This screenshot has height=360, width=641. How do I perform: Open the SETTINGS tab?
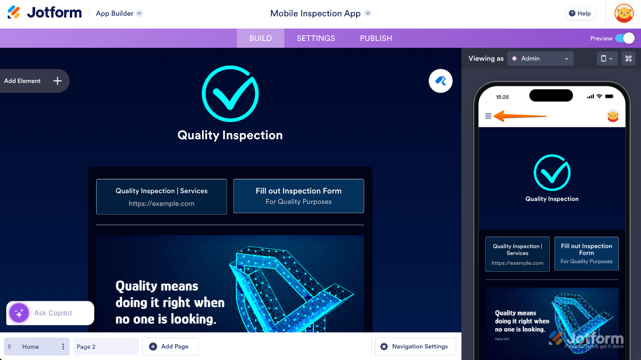point(316,38)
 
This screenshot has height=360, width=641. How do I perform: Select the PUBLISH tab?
point(376,38)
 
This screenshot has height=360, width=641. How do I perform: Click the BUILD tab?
point(260,38)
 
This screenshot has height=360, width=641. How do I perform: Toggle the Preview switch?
point(625,38)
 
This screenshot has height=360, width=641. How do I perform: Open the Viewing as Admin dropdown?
point(540,58)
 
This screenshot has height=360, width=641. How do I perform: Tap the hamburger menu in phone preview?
point(488,116)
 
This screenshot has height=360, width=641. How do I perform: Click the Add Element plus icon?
point(57,81)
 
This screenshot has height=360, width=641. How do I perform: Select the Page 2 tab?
point(105,347)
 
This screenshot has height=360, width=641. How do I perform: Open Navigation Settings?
point(415,347)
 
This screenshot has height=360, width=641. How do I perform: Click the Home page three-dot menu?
point(63,347)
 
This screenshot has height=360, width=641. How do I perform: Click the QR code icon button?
point(628,58)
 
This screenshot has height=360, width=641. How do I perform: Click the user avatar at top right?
point(624,13)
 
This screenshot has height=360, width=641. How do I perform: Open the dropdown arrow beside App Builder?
point(139,13)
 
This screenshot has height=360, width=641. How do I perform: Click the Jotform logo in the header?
point(45,12)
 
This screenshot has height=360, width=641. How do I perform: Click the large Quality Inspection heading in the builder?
point(230,135)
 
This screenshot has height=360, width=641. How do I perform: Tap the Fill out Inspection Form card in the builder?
point(298,196)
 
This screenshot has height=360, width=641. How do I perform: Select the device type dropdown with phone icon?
point(607,58)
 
